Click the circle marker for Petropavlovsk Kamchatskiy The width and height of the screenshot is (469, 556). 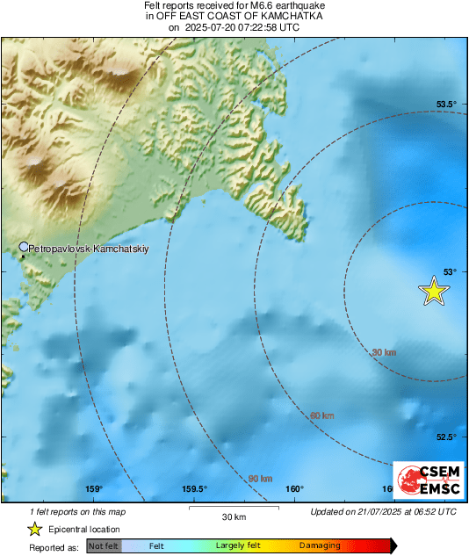click(x=24, y=248)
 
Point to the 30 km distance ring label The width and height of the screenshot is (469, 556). click(x=384, y=352)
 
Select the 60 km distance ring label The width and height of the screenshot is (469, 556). click(x=321, y=415)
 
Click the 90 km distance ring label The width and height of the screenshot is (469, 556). click(x=260, y=478)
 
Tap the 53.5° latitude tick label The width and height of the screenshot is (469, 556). click(x=447, y=105)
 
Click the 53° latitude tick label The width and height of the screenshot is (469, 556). click(x=449, y=271)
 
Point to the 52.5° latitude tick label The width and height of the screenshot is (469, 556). click(x=447, y=437)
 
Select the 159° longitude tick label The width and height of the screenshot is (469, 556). click(x=94, y=489)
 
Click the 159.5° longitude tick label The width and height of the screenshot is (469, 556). click(x=193, y=489)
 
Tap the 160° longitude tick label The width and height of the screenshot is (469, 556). click(x=294, y=489)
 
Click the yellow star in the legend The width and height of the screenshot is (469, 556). click(x=34, y=529)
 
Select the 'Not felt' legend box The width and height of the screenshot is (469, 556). click(x=105, y=546)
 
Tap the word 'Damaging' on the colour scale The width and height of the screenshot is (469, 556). click(x=320, y=546)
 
